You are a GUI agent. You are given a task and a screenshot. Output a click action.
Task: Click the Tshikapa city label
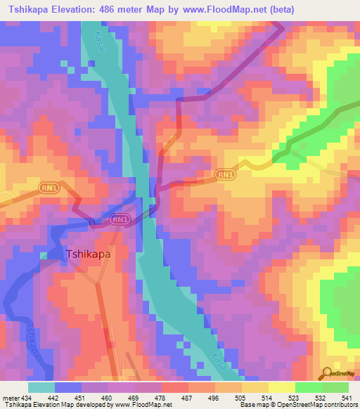pyautogui.click(x=88, y=256)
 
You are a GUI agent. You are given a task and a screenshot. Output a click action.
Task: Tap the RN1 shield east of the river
pyautogui.click(x=225, y=174)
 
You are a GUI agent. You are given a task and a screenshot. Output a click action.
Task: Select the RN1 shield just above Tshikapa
pyautogui.click(x=120, y=220)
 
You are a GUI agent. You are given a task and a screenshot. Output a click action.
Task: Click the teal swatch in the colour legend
pyautogui.click(x=41, y=387)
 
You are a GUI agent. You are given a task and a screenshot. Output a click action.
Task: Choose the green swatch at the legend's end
pyautogui.click(x=335, y=387)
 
